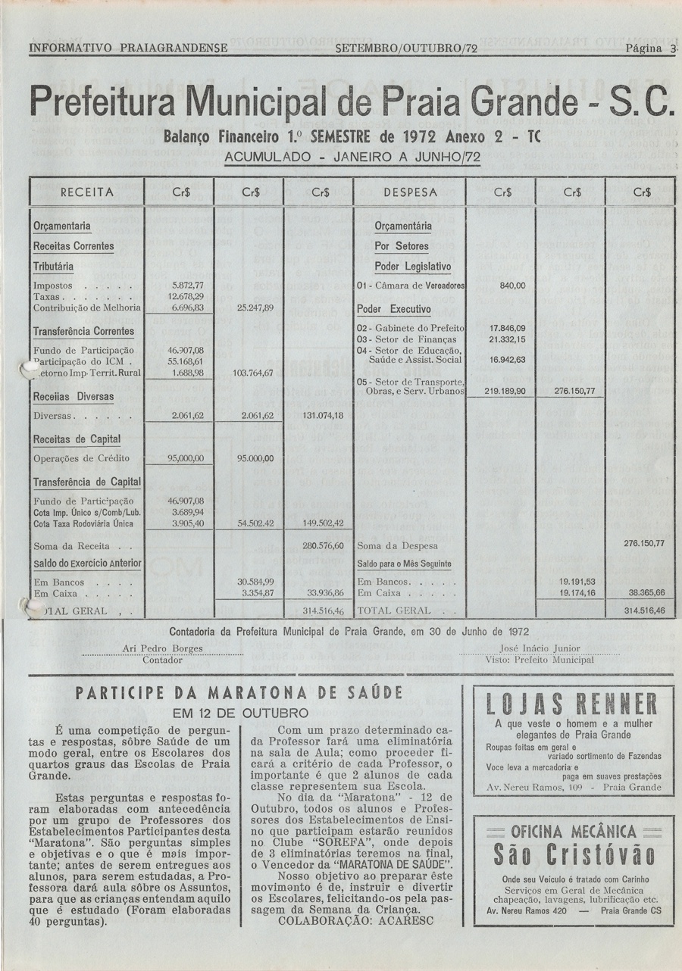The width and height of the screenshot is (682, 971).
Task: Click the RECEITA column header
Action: [x=87, y=192]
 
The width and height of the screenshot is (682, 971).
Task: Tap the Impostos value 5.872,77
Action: [x=186, y=286]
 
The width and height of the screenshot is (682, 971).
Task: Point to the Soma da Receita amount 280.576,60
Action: [x=324, y=545]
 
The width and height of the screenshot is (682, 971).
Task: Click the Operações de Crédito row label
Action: [x=81, y=458]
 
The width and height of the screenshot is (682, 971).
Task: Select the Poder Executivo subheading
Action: [x=394, y=311]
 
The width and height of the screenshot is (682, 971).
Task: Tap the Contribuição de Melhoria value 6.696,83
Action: [x=186, y=308]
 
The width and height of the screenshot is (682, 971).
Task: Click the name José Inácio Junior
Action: [x=540, y=648]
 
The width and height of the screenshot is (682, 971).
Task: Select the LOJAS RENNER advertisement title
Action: [x=572, y=705]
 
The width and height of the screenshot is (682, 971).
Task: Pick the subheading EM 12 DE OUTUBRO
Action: [x=240, y=713]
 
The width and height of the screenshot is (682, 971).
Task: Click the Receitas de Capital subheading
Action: [x=77, y=439]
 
